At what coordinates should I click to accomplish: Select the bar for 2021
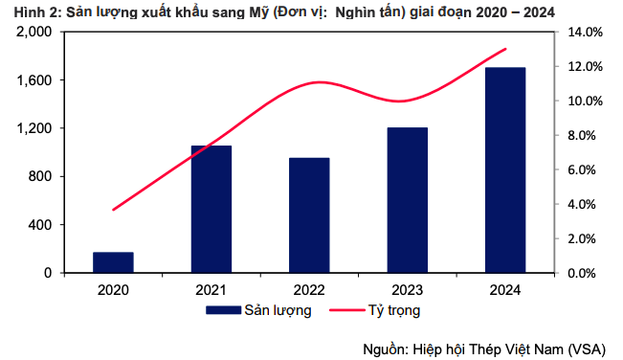coord(211,209)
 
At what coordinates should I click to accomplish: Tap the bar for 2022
coord(309,215)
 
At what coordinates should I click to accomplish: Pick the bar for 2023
coord(408,200)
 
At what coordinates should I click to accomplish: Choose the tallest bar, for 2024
coord(505,169)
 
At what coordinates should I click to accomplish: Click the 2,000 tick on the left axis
coord(33,32)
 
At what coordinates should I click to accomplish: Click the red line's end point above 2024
coord(505,49)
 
